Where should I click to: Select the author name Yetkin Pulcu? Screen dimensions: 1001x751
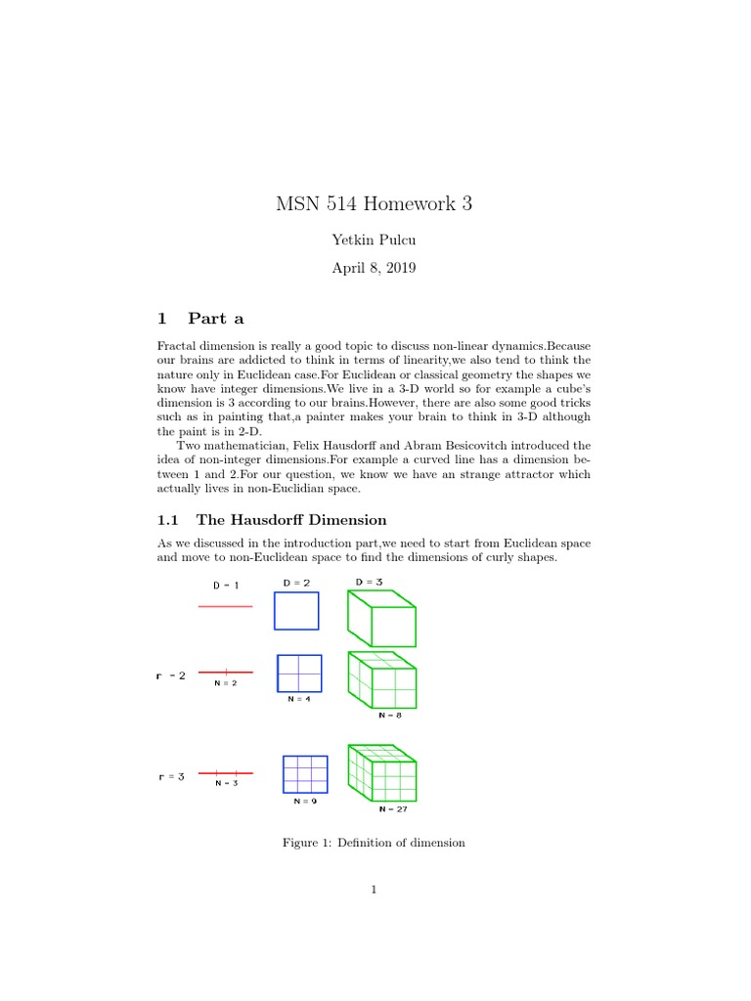click(x=375, y=239)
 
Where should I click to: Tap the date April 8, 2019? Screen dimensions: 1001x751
click(x=375, y=268)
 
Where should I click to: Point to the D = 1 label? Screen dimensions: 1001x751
click(x=226, y=585)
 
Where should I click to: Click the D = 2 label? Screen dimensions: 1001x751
click(x=296, y=583)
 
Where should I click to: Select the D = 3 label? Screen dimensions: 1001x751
click(x=371, y=583)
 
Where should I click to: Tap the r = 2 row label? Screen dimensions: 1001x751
click(x=170, y=675)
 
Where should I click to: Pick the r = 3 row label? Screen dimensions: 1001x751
click(x=170, y=777)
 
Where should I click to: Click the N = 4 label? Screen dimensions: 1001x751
click(x=299, y=700)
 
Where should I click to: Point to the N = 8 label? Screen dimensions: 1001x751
click(x=390, y=716)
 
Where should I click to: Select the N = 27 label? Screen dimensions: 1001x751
click(x=393, y=809)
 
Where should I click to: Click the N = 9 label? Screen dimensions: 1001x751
click(x=305, y=801)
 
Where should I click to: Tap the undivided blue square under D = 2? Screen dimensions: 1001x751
click(x=296, y=611)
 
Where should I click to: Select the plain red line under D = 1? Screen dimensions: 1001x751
click(x=225, y=606)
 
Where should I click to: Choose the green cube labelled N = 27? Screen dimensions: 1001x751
click(x=381, y=773)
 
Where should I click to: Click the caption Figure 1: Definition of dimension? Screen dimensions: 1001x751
click(x=374, y=843)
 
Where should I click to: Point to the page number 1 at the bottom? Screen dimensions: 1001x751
click(x=375, y=890)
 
